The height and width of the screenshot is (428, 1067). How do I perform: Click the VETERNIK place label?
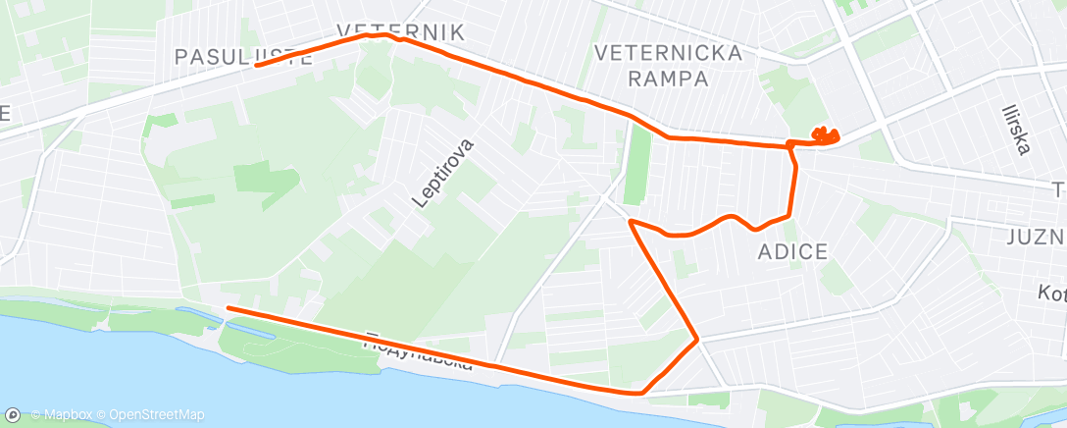pyautogui.click(x=399, y=31)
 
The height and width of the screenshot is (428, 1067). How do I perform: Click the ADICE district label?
pyautogui.click(x=792, y=252)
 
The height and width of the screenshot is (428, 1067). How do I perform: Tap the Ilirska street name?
pyautogui.click(x=1016, y=130)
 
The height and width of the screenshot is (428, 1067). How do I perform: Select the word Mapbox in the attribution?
pyautogui.click(x=71, y=415)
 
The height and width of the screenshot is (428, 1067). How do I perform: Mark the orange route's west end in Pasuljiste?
pyautogui.click(x=256, y=65)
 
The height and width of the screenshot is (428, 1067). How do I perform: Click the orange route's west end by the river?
pyautogui.click(x=229, y=308)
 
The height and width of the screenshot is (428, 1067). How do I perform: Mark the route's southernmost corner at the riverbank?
pyautogui.click(x=641, y=393)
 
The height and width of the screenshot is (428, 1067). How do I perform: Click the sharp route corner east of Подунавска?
pyautogui.click(x=697, y=340)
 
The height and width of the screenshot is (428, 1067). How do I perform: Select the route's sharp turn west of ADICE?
pyautogui.click(x=630, y=223)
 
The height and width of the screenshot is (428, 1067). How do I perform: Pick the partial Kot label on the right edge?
pyautogui.click(x=1051, y=293)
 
